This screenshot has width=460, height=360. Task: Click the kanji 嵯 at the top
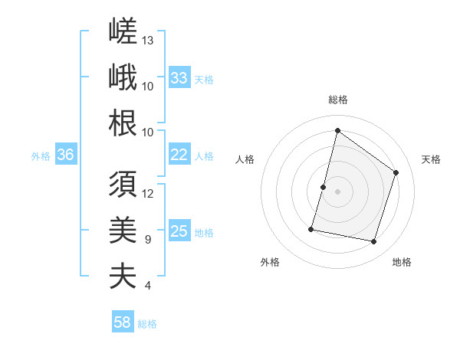tap(123, 31)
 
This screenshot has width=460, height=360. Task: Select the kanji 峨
tap(123, 77)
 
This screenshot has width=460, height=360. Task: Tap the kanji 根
tap(123, 123)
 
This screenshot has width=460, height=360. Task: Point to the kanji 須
tap(123, 184)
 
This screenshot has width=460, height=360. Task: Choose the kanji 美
tap(123, 230)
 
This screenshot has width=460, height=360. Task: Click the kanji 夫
tap(123, 276)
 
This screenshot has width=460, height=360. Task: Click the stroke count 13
tap(147, 41)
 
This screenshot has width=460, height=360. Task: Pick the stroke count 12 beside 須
tap(147, 194)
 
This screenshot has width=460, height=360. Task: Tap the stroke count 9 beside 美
tap(148, 240)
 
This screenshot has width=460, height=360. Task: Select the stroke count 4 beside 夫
tap(148, 286)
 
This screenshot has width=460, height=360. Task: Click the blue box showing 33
tap(179, 77)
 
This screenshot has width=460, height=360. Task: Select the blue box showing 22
tap(179, 154)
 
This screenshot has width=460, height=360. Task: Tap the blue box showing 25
tap(179, 230)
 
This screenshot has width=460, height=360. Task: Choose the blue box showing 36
tap(66, 154)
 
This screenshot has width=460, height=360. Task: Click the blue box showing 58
tap(123, 321)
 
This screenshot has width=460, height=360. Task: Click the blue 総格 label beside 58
tap(147, 324)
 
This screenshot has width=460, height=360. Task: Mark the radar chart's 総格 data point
tap(337, 130)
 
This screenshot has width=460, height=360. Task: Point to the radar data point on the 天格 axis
tap(396, 172)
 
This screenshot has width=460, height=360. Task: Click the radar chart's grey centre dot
tap(337, 191)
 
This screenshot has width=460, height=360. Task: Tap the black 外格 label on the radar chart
tap(270, 262)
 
